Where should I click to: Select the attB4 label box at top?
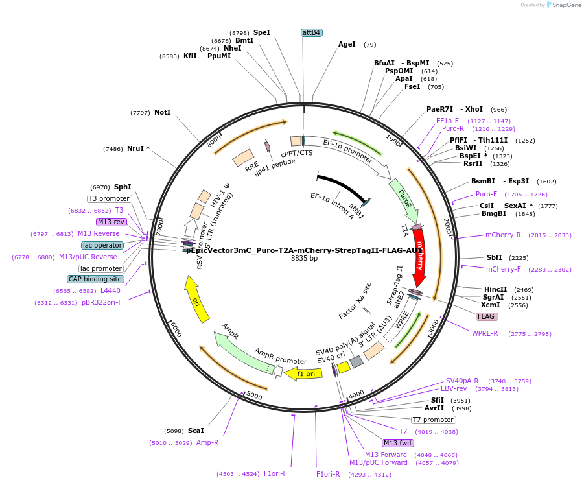click(x=312, y=32)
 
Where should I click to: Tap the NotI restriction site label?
click(x=162, y=112)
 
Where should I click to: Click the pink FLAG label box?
click(x=486, y=317)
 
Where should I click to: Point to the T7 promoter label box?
click(x=433, y=420)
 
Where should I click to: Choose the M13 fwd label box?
click(x=397, y=443)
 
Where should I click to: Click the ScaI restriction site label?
click(x=196, y=431)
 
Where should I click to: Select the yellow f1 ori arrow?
click(x=305, y=373)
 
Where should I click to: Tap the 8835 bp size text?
click(x=304, y=258)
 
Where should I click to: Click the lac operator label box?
click(x=102, y=245)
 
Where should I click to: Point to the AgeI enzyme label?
click(x=347, y=45)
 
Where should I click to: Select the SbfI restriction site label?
click(x=495, y=257)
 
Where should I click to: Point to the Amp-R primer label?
click(x=207, y=442)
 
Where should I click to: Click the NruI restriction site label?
click(x=138, y=148)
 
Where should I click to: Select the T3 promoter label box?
click(x=109, y=198)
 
